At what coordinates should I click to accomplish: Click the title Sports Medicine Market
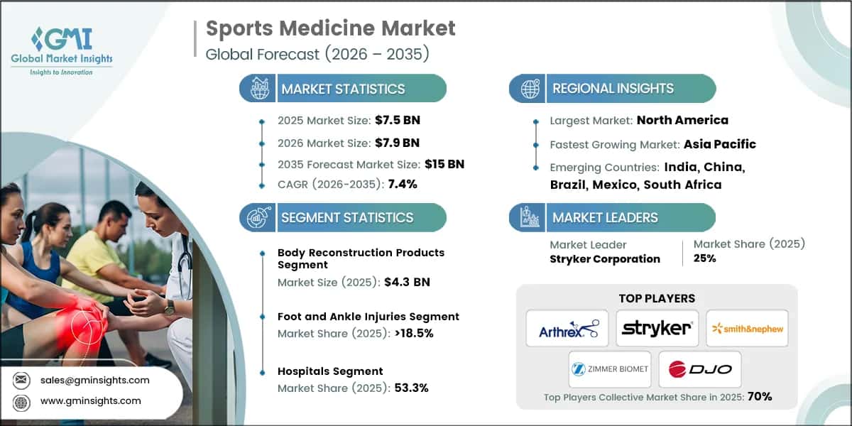330,29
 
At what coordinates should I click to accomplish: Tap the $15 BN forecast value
444,164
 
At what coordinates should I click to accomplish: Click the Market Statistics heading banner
343,89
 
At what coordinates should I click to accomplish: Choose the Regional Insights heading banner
613,89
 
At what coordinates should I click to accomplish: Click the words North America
682,120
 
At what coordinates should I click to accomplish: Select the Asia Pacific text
719,144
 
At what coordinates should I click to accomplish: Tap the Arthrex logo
567,328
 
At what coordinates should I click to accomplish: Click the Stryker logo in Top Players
657,328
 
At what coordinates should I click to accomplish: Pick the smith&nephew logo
747,328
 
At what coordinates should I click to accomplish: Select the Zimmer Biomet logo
608,369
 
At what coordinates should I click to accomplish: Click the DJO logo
699,369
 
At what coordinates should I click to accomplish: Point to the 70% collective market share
759,397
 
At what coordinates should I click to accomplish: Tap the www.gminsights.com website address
90,401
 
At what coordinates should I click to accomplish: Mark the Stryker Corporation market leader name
604,258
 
